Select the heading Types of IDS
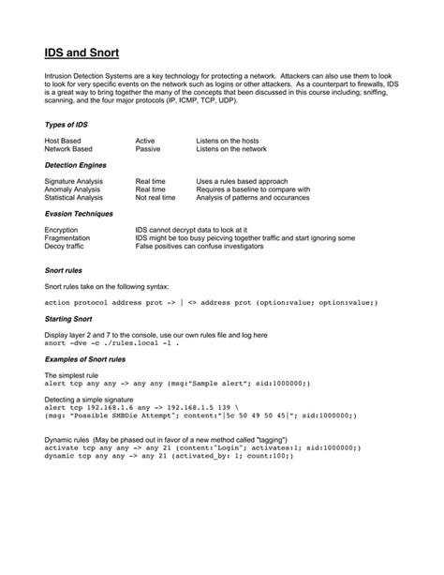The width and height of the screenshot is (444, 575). point(67,124)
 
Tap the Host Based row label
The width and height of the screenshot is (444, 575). point(63,140)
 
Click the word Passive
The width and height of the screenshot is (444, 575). point(148,148)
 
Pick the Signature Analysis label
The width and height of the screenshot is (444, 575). point(74,181)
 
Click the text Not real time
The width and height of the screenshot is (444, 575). point(155,198)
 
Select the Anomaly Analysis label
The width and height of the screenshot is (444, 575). point(72,189)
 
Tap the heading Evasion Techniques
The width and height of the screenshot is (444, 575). point(79,214)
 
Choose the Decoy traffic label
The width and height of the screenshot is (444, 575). point(66,246)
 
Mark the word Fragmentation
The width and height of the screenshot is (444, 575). point(68,237)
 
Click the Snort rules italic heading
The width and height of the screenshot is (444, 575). point(64,270)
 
